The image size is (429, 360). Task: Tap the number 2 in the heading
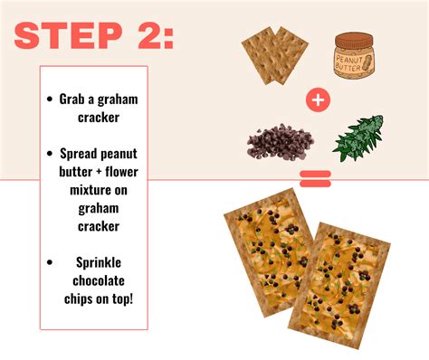(x=149, y=36)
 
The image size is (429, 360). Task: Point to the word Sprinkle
(x=96, y=261)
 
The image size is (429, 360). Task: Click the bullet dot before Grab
(x=50, y=99)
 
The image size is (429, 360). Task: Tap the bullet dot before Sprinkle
(x=50, y=261)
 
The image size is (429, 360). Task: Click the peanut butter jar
(x=356, y=59)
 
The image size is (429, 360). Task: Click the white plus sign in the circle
(x=317, y=100)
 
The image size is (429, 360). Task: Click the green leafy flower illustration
(x=358, y=137)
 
